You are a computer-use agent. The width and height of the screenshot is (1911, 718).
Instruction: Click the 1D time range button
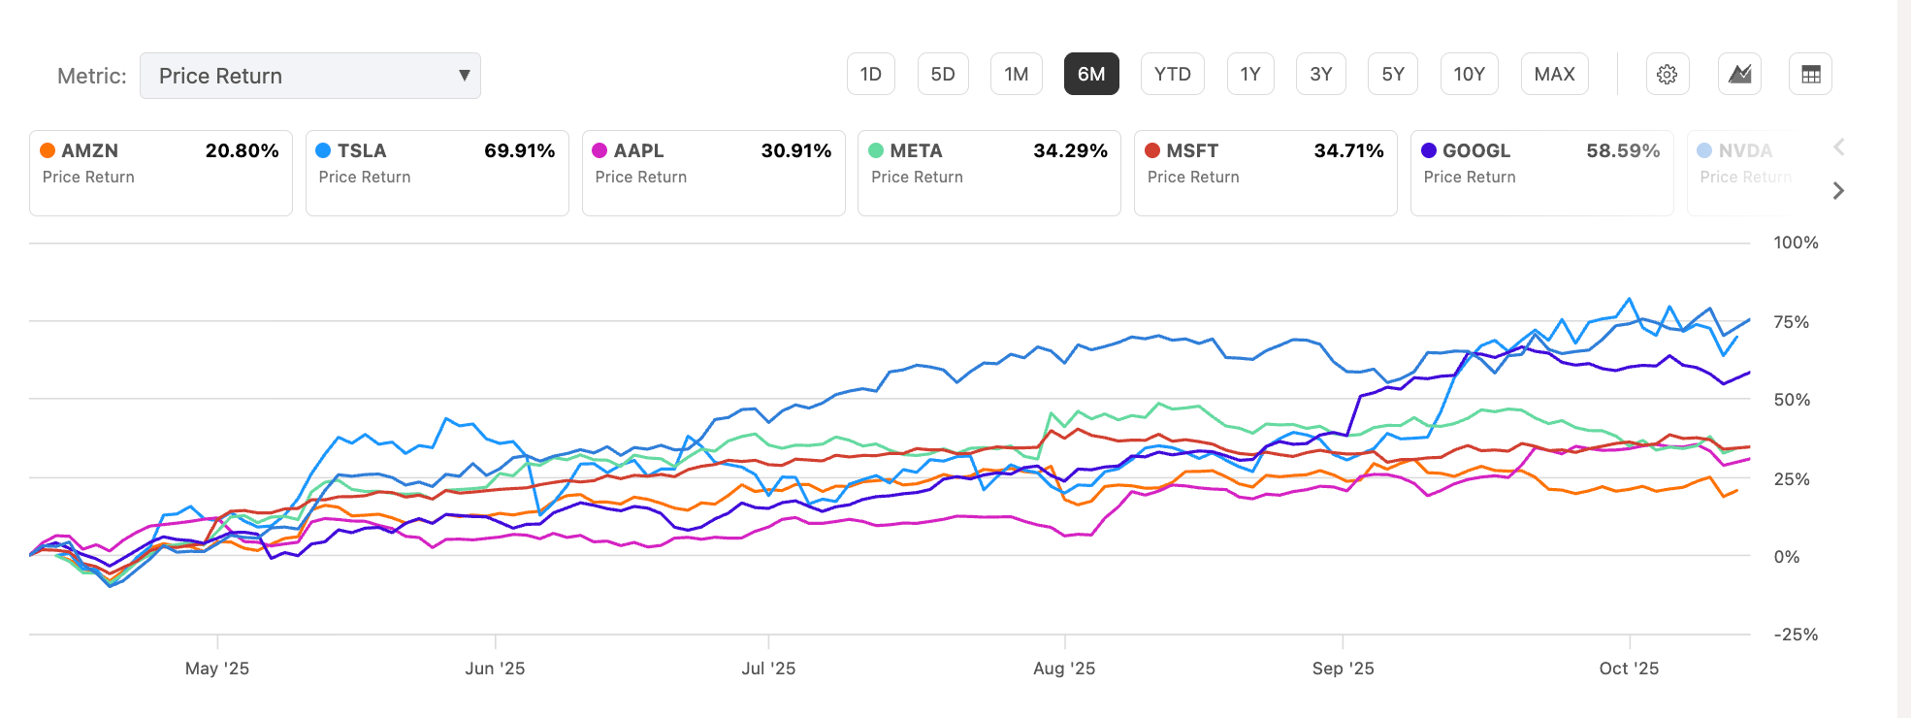tap(870, 75)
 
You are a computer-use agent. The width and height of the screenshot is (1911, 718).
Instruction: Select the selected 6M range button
tap(1091, 75)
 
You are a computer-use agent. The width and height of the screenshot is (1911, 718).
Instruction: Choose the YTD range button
tap(1172, 75)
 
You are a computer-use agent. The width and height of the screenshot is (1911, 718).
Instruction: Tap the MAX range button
tap(1554, 75)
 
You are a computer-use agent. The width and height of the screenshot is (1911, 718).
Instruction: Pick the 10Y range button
tap(1469, 75)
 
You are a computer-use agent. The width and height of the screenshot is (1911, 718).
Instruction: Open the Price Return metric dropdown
tap(310, 76)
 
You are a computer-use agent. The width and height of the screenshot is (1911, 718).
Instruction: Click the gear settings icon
tap(1667, 75)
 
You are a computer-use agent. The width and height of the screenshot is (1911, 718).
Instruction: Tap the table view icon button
tap(1810, 75)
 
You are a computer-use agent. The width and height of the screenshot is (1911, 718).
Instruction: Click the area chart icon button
tap(1739, 75)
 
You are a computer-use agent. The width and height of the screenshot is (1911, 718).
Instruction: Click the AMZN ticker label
tap(89, 150)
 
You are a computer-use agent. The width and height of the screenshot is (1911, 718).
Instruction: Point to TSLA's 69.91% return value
tap(519, 150)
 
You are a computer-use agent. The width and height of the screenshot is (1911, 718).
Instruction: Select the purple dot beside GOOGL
tap(1428, 150)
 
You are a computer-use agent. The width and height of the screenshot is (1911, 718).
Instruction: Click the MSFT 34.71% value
tap(1348, 150)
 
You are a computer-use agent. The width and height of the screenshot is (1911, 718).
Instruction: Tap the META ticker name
tap(916, 150)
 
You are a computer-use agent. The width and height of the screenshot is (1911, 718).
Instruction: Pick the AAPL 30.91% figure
tap(795, 150)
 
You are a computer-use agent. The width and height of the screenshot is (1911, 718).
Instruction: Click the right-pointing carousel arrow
tap(1838, 191)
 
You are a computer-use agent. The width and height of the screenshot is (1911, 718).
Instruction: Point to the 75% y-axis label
tap(1791, 322)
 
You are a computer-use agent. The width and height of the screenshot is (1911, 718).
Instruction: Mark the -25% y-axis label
tap(1796, 635)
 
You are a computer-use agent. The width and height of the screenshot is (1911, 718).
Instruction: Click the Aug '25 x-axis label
tap(1064, 669)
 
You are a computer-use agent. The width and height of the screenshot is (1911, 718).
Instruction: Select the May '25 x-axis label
tap(217, 669)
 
